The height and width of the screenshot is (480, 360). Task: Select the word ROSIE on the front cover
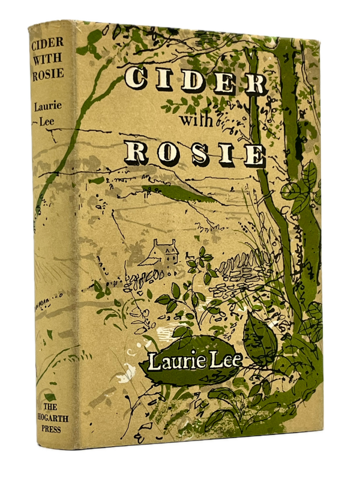(x=196, y=152)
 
